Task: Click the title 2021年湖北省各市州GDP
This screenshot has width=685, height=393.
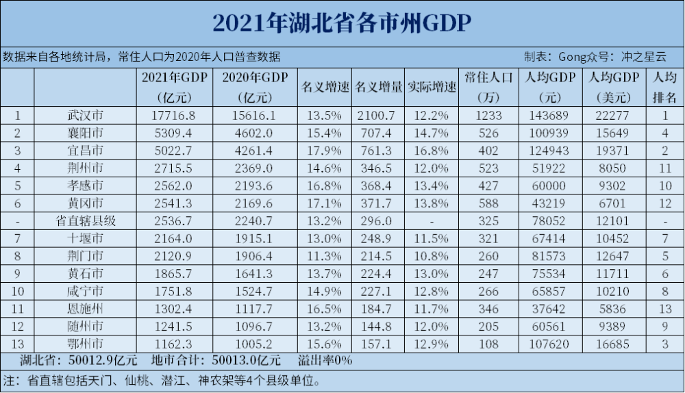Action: (342, 23)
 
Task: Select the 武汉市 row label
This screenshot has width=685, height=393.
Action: (84, 116)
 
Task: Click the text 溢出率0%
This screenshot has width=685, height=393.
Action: (325, 359)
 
